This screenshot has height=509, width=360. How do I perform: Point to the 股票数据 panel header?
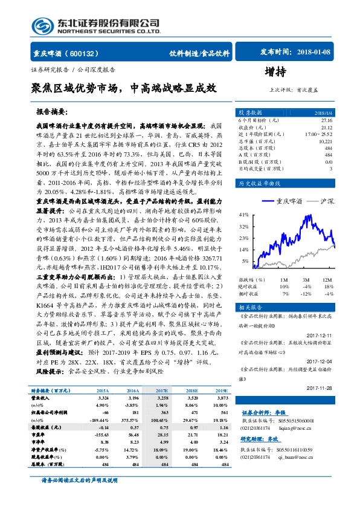[x=250, y=113]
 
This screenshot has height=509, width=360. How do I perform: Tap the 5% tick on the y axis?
[x=245, y=261]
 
